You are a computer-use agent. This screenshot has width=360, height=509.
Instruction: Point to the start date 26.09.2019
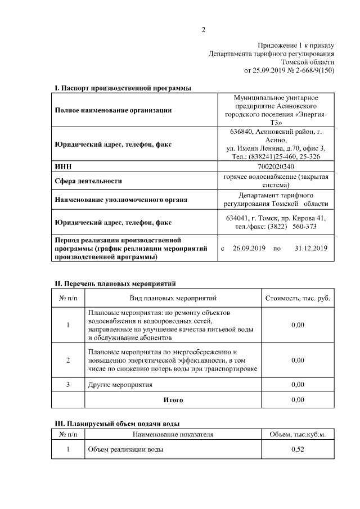(249, 247)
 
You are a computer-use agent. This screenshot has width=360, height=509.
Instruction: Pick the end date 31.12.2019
(310, 247)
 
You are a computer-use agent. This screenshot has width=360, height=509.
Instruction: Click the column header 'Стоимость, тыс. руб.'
(298, 298)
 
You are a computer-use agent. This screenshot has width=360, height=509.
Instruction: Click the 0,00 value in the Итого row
(298, 400)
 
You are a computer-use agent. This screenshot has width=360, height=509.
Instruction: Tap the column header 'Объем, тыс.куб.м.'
(298, 434)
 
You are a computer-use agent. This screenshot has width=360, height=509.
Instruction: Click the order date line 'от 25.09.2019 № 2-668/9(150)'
(289, 71)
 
